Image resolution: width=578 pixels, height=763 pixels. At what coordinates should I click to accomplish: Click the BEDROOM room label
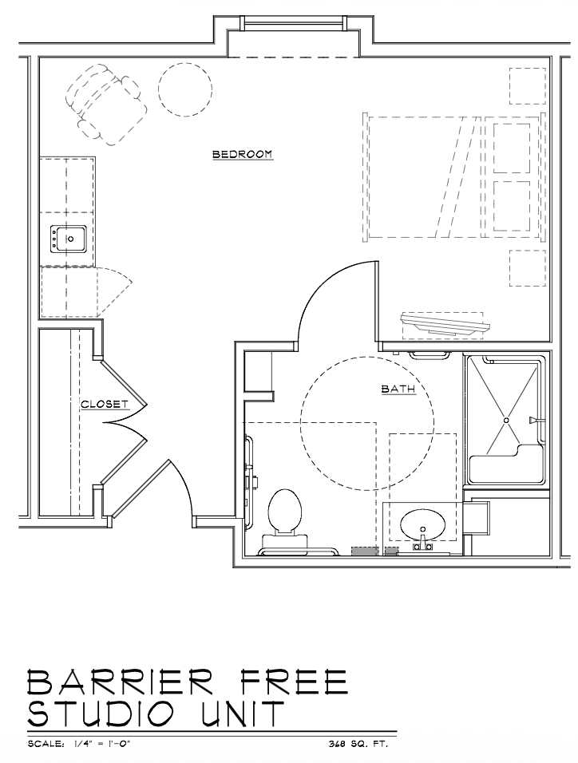243,154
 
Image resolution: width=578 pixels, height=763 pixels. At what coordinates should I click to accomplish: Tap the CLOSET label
105,404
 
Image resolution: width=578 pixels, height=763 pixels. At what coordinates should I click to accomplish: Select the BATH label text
398,389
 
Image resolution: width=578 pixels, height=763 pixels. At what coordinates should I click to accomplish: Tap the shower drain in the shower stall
506,420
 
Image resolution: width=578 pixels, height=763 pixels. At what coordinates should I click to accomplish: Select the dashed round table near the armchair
185,89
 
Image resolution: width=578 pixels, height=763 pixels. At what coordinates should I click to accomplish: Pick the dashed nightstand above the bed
528,85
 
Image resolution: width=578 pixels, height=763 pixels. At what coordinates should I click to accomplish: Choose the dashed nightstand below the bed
528,267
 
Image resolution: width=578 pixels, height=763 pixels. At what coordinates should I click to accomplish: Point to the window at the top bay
294,23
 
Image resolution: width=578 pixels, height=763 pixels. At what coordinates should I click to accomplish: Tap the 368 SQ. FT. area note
358,744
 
